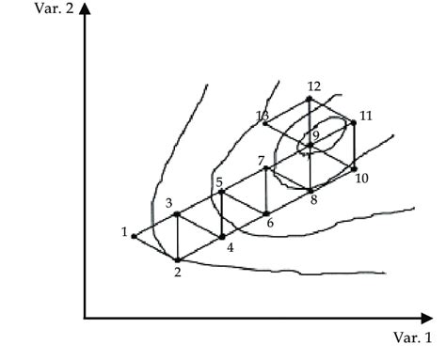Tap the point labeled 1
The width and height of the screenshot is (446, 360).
(134, 236)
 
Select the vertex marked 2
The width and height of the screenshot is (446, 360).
(178, 259)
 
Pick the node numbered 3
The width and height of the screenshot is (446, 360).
(177, 214)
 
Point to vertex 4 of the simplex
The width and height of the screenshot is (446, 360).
(222, 237)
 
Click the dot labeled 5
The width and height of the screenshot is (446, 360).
(221, 192)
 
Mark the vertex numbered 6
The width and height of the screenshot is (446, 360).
(266, 213)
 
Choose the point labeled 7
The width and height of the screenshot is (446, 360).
(266, 168)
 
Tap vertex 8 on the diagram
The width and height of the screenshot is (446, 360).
(311, 191)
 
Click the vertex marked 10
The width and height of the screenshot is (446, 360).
(355, 168)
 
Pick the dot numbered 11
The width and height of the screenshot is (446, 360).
(354, 122)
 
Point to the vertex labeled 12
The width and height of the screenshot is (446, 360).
(310, 99)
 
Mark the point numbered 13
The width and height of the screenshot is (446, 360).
(265, 122)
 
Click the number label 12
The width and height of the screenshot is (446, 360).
(314, 87)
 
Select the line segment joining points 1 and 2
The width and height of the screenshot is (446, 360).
(155, 248)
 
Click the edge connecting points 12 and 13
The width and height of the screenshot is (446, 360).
(287, 111)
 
